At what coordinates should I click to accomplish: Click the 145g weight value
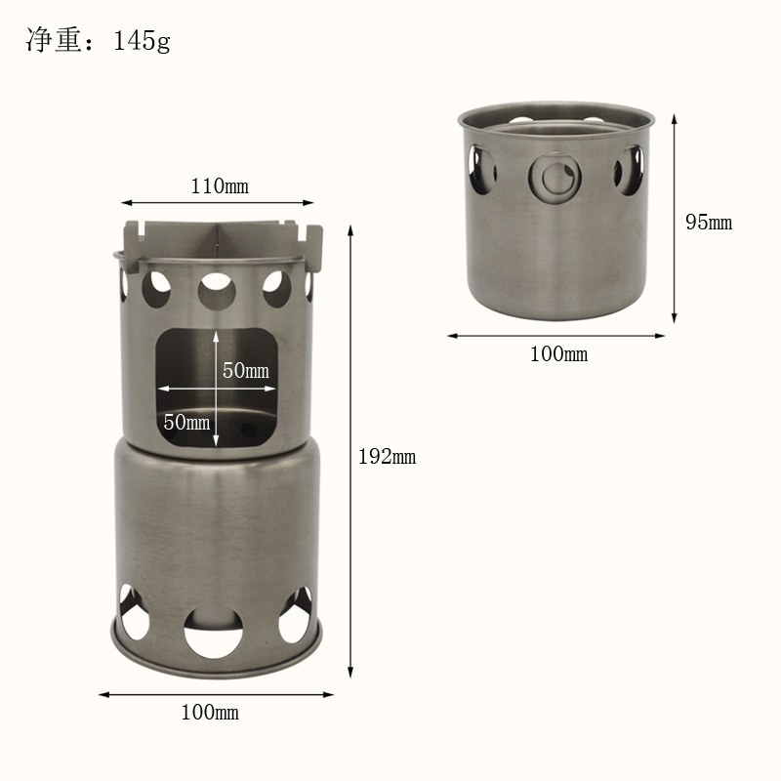pos(142,41)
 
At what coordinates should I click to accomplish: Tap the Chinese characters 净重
pos(54,40)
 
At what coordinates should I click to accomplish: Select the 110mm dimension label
pos(220,186)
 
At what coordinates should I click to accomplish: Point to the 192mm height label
pos(387,457)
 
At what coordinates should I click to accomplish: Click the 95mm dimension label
pos(709,223)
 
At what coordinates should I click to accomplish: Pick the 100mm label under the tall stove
pos(210,713)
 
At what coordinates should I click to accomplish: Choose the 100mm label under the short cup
pos(558,354)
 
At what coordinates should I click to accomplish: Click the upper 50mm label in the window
pos(246,370)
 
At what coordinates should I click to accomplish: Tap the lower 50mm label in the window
pos(186,423)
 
